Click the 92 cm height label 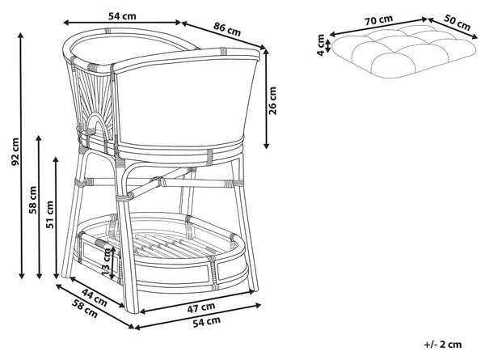15,151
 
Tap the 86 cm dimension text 227,29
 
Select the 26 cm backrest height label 272,100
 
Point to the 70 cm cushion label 378,20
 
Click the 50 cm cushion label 458,23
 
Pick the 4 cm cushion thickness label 321,44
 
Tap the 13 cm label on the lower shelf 106,263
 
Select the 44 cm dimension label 95,297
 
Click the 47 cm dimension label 201,307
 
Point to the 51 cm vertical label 50,214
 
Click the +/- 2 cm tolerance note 443,345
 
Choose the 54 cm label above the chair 122,16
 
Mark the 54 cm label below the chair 207,322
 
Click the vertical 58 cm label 33,200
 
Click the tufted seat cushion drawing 404,52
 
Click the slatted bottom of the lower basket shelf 169,245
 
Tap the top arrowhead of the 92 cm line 21,35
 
